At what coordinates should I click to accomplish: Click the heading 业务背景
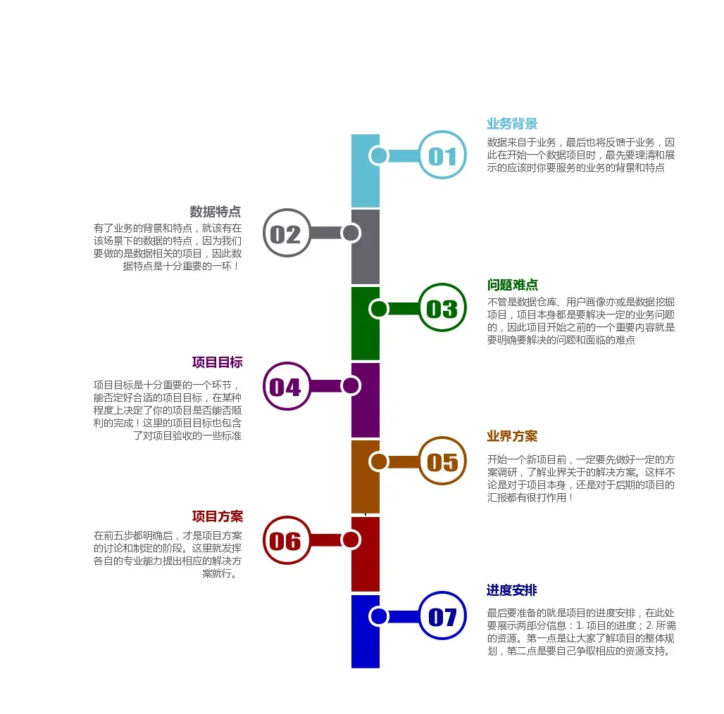512,124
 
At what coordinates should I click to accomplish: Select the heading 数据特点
216,212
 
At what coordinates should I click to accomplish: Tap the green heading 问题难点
512,285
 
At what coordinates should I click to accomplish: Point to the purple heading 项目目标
217,362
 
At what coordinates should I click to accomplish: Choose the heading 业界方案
512,436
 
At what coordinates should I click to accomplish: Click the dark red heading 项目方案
217,517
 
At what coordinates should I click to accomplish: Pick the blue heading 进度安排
512,590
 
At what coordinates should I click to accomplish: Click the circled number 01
442,155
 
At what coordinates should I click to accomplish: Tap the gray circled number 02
286,234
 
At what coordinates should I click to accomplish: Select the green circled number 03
442,308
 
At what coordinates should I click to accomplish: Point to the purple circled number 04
286,386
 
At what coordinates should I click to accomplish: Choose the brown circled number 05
442,461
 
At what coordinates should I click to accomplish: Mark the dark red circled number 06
286,540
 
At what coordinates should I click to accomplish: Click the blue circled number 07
442,617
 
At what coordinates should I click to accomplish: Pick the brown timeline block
365,489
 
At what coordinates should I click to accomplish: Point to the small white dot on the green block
379,308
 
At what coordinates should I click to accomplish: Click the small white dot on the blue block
379,617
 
